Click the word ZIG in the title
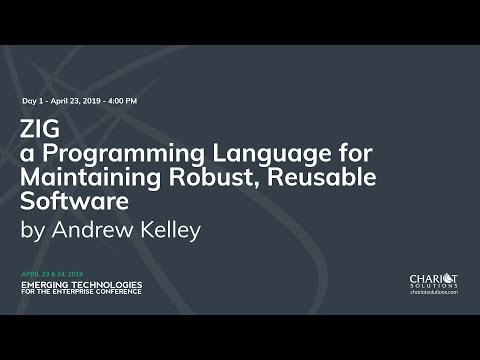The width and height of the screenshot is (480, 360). click(x=38, y=129)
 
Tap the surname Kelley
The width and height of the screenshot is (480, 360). click(x=172, y=230)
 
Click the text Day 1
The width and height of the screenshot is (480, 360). click(x=32, y=101)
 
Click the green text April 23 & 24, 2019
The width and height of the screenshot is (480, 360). click(x=52, y=273)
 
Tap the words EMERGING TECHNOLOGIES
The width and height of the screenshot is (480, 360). click(x=81, y=283)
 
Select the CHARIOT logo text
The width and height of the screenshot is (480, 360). click(x=433, y=278)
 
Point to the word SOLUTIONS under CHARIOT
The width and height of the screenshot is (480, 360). click(x=433, y=287)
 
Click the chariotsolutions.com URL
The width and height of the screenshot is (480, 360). click(x=433, y=293)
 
